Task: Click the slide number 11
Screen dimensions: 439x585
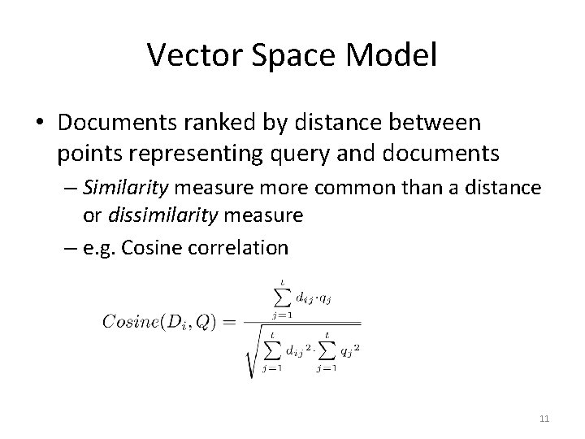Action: click(544, 419)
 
